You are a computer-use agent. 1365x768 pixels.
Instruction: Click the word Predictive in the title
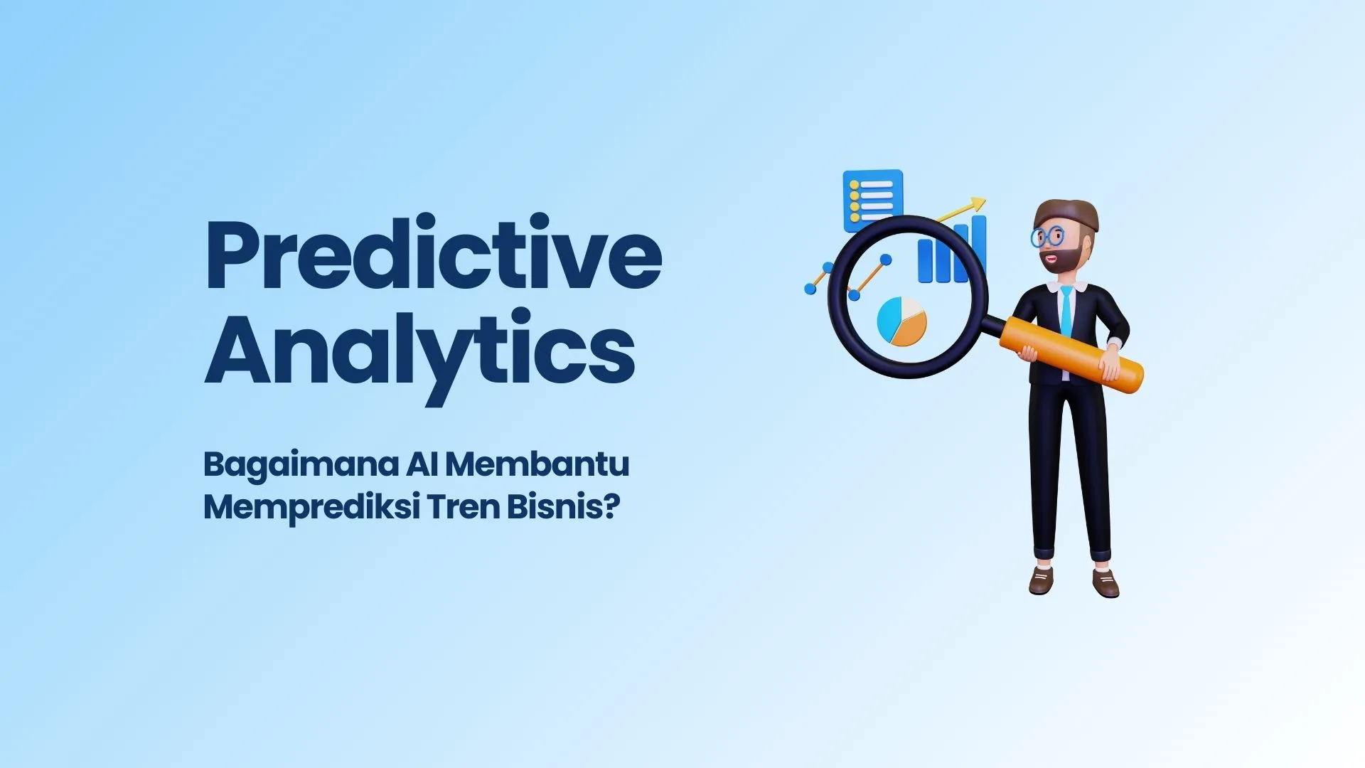[434, 253]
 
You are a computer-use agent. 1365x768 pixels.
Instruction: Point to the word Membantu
[537, 464]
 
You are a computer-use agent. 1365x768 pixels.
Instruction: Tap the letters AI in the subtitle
[422, 464]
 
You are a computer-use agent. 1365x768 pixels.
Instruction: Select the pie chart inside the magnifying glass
[901, 321]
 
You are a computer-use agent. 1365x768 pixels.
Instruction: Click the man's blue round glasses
[1047, 237]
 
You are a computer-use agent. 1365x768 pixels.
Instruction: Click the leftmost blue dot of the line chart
[810, 289]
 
